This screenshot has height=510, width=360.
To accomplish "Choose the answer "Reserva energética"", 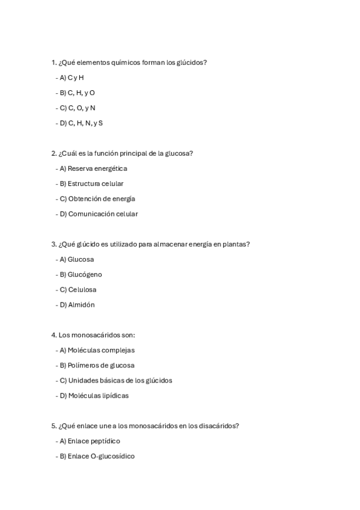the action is coord(97,168).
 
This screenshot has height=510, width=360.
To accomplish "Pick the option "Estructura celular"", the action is coord(96,183).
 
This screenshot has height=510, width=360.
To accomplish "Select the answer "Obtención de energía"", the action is coord(101,198).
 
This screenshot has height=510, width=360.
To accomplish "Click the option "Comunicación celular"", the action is coord(103,214).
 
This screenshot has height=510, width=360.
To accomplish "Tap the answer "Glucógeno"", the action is coord(85,274).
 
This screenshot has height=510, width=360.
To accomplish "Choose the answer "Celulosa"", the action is coord(82,289).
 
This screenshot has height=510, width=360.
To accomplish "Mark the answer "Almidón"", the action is coord(81,304).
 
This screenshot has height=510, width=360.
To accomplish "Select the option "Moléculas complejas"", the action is coord(101,350).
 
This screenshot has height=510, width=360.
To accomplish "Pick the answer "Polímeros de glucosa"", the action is coord(101,365).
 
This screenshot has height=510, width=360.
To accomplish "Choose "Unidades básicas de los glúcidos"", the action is coord(120,380).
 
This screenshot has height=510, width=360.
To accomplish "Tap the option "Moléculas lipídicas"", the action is coord(98,395).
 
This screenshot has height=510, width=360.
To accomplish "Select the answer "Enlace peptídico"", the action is coord(94,441).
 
